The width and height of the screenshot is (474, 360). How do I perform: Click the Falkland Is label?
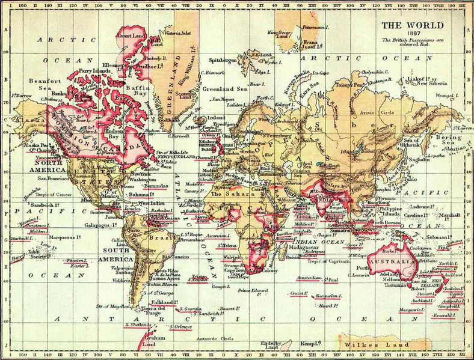pyautogui.click(x=164, y=301)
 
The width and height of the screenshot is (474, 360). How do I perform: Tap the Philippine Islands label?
pyautogui.click(x=395, y=211)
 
